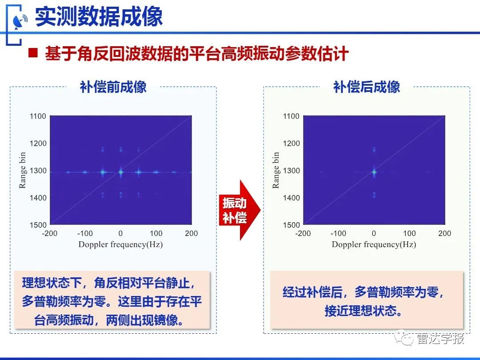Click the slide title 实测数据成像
(x=99, y=16)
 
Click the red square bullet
(x=33, y=53)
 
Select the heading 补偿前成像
(x=113, y=87)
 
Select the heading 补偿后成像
(x=366, y=87)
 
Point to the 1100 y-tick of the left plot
(x=38, y=116)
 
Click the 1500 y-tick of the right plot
(x=291, y=225)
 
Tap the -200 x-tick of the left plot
(x=50, y=234)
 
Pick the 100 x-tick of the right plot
(x=409, y=234)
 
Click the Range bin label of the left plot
(x=22, y=170)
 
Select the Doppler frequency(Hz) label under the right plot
(x=374, y=244)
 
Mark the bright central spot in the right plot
(x=374, y=172)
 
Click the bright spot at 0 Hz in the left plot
(x=121, y=172)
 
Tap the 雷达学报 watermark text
(x=440, y=339)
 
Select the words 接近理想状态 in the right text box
(x=359, y=311)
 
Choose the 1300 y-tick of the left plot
(x=38, y=171)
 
